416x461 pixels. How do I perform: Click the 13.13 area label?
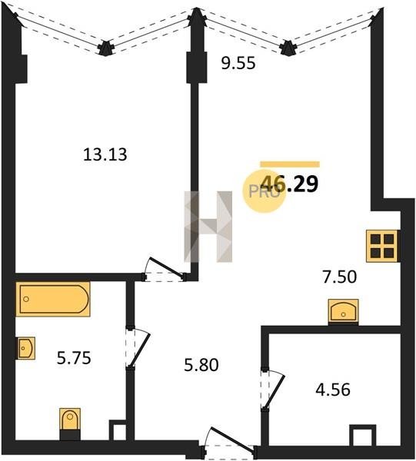(105, 154)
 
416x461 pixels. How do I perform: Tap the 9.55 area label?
(238, 63)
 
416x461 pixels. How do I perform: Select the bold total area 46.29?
(289, 184)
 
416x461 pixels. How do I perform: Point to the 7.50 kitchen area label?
(340, 277)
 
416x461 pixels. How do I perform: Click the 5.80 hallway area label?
(201, 365)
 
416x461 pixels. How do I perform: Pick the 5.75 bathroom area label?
(74, 358)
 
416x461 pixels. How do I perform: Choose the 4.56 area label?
(333, 390)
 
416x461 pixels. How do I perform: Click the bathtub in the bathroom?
(53, 299)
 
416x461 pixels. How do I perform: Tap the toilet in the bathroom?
(70, 423)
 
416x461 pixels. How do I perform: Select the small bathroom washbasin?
(25, 348)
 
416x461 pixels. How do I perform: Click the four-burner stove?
(382, 246)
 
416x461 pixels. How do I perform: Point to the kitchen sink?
(343, 312)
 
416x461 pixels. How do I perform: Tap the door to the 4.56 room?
(274, 389)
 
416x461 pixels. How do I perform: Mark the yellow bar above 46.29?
(290, 164)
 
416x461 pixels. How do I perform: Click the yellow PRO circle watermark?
(264, 191)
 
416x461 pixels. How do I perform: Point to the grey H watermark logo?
(208, 227)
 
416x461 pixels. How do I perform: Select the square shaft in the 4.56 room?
(363, 436)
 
